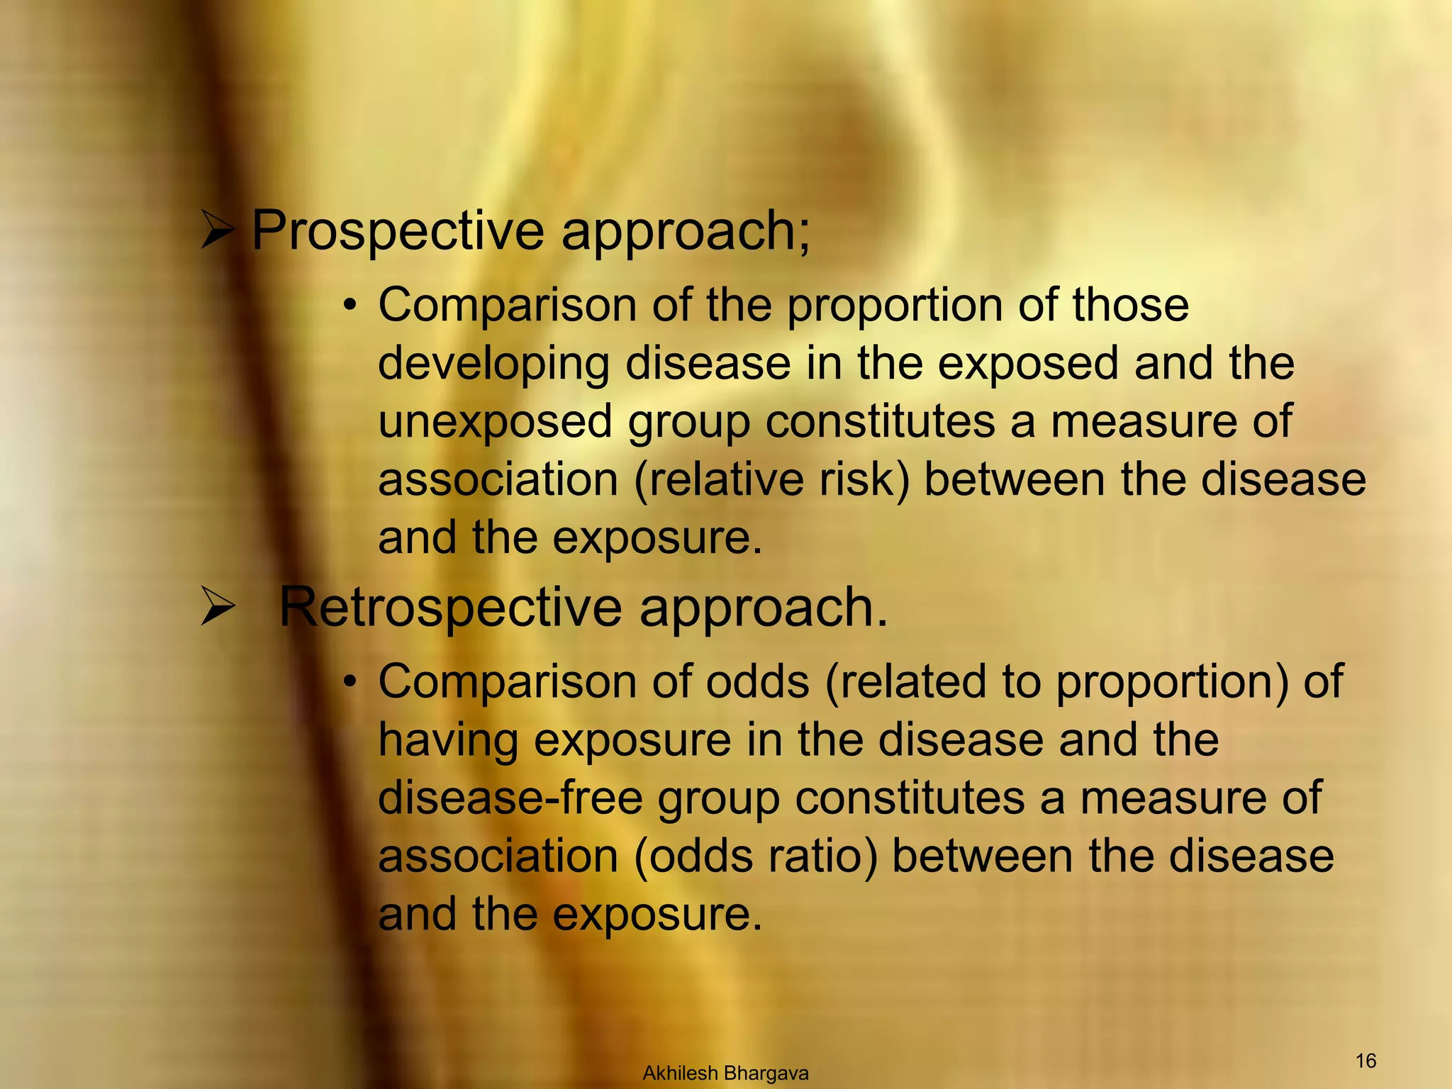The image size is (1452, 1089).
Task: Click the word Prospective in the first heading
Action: point(398,231)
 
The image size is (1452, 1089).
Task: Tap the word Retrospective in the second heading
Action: point(449,608)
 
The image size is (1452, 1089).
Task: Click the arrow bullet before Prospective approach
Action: point(217,230)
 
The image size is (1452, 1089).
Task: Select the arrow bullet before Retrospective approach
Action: point(217,607)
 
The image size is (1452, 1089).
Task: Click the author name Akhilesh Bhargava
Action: point(725,1073)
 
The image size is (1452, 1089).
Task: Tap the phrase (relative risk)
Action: point(771,480)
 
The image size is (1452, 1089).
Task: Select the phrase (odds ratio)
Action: point(755,856)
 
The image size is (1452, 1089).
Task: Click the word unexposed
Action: point(495,422)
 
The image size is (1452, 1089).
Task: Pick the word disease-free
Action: point(510,798)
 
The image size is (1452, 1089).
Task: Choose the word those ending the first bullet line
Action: point(1130,306)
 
